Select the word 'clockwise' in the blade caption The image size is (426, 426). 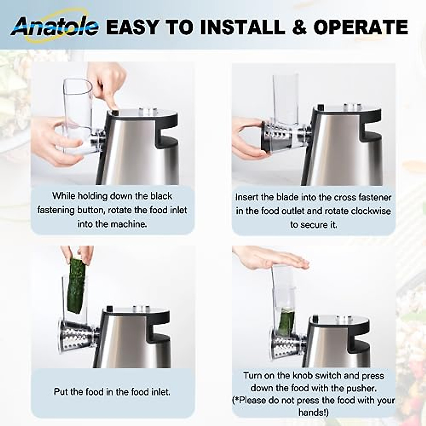pyautogui.click(x=371, y=211)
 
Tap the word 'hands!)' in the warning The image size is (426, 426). pyautogui.click(x=313, y=412)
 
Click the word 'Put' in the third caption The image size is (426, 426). pyautogui.click(x=60, y=392)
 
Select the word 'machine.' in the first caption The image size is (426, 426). pyautogui.click(x=129, y=224)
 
